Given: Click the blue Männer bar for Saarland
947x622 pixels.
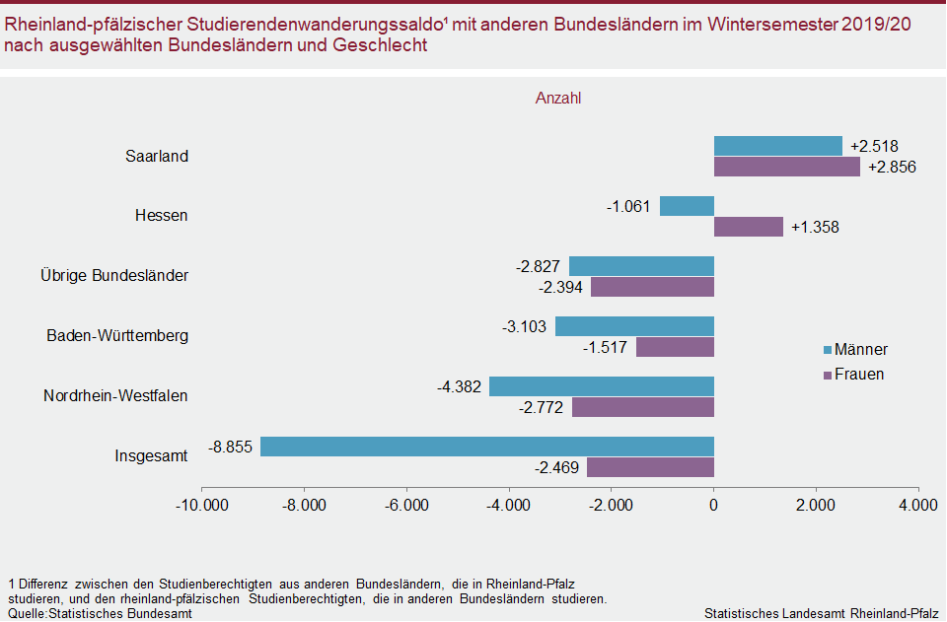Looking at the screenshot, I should pyautogui.click(x=777, y=146).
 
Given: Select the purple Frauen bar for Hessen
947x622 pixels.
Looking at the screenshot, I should pyautogui.click(x=748, y=227).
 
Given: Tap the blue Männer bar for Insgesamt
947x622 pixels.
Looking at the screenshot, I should pyautogui.click(x=486, y=447).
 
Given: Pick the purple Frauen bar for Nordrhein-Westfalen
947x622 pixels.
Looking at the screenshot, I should pyautogui.click(x=642, y=406).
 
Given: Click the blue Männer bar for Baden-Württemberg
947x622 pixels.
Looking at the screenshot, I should pyautogui.click(x=634, y=326).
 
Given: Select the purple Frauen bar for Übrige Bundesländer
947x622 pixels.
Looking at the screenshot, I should pyautogui.click(x=652, y=287).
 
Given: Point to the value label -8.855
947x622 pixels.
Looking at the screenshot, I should pyautogui.click(x=231, y=447).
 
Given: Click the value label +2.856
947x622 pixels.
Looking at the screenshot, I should pyautogui.click(x=892, y=167).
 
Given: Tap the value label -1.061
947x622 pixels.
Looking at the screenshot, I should pyautogui.click(x=628, y=206).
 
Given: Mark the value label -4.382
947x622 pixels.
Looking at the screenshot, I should pyautogui.click(x=459, y=386).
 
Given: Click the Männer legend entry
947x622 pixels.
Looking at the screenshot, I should pyautogui.click(x=854, y=350).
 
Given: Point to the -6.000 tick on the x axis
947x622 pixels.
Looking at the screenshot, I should pyautogui.click(x=406, y=506).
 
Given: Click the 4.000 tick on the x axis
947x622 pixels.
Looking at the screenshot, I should pyautogui.click(x=917, y=506).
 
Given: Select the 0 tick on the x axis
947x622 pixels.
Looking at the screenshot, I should pyautogui.click(x=713, y=506).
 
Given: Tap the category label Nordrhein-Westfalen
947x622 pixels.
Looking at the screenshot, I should pyautogui.click(x=115, y=396).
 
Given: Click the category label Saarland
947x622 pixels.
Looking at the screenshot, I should pyautogui.click(x=157, y=156).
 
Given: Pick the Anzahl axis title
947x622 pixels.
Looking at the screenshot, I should pyautogui.click(x=558, y=99).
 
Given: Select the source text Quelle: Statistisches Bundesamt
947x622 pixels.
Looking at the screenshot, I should pyautogui.click(x=100, y=613).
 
